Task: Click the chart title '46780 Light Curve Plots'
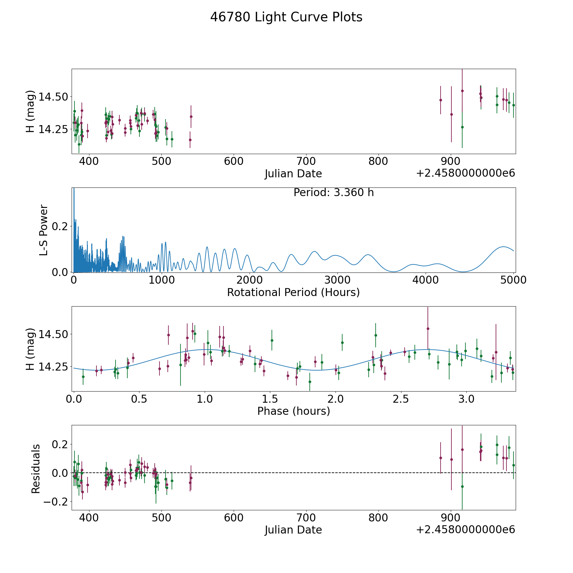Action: coord(286,17)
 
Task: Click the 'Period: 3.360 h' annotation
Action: coord(333,193)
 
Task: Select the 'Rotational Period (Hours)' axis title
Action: coord(293,292)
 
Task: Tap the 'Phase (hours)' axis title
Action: coord(293,411)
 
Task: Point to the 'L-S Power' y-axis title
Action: coord(44,230)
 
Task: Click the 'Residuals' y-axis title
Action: coord(36,469)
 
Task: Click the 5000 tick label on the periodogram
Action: coord(513,280)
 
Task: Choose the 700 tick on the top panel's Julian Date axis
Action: coord(306,161)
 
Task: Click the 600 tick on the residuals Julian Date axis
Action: coord(234,518)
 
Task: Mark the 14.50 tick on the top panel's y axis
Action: coord(53,97)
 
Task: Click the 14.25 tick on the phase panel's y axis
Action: coord(53,367)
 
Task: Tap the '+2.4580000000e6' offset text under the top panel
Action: coord(465,173)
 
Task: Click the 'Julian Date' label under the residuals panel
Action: coord(293,530)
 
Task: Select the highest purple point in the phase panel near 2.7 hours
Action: coord(428,329)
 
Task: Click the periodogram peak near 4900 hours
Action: coord(503,247)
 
